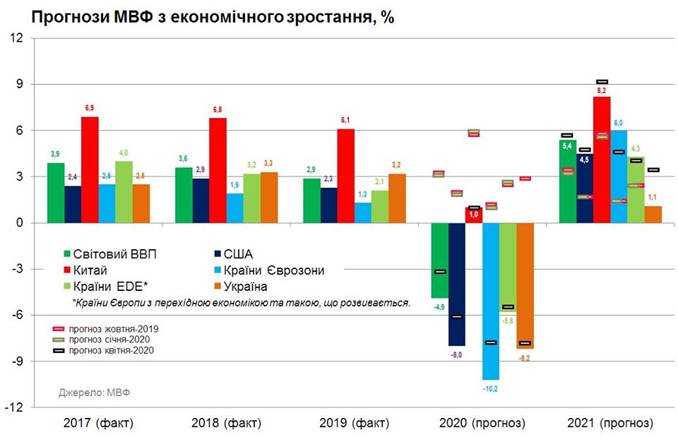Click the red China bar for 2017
[x=90, y=169]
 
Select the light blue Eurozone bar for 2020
[x=491, y=301]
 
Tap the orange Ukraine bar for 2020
[x=525, y=285]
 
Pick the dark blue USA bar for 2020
[x=457, y=284]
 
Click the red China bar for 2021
[x=602, y=160]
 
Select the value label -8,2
[x=525, y=358]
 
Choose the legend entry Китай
[x=94, y=270]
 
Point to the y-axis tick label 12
[x=16, y=38]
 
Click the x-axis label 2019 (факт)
[x=354, y=424]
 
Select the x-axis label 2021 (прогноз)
[x=610, y=424]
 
